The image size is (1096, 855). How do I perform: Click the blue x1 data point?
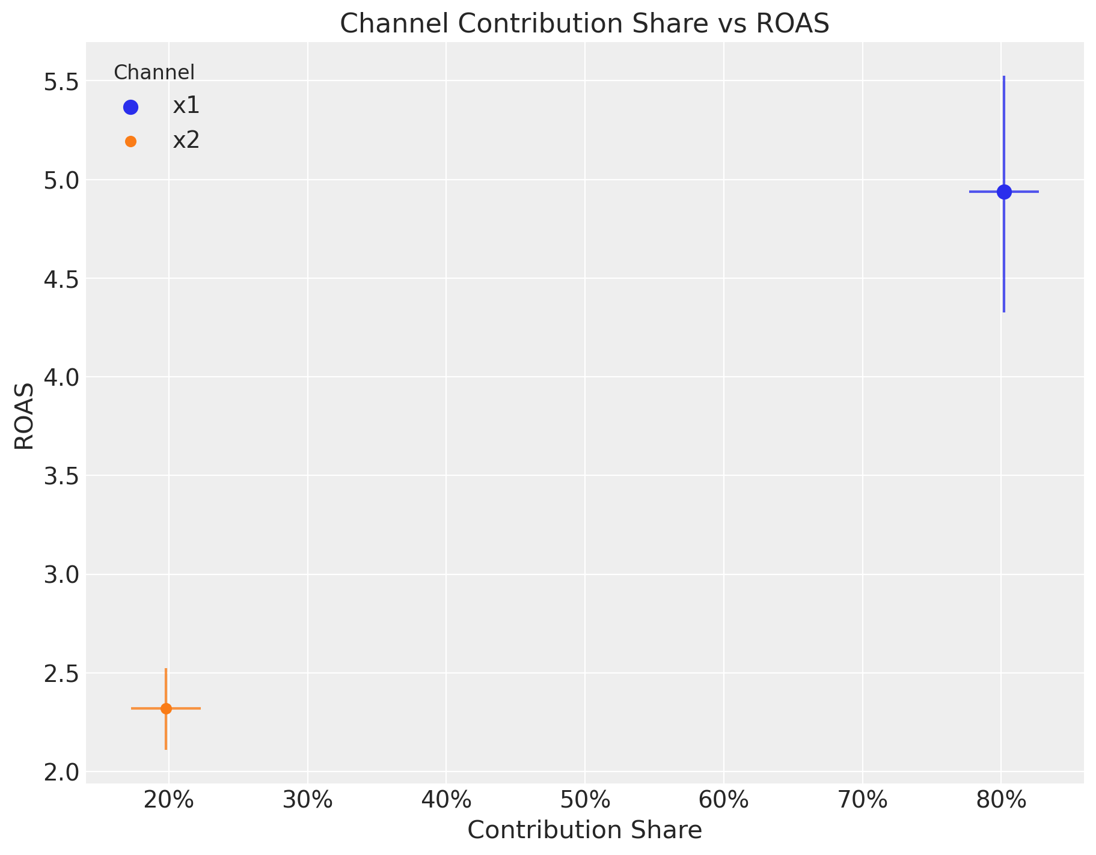(x=1004, y=192)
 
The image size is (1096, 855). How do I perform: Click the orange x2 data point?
(x=166, y=708)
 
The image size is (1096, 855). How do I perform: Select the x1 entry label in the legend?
(x=186, y=106)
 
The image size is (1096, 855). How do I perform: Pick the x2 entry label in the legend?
(x=186, y=141)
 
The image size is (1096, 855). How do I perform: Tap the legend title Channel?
(x=154, y=73)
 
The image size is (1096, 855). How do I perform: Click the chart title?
(x=584, y=24)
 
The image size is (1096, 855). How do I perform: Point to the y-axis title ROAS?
(x=24, y=416)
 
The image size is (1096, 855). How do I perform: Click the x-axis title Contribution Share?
(x=584, y=830)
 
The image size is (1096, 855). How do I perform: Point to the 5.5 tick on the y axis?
(x=61, y=81)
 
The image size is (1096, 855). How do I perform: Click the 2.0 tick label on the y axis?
(x=61, y=771)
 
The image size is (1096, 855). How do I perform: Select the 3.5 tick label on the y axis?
(x=61, y=476)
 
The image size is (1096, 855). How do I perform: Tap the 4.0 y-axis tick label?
(x=61, y=377)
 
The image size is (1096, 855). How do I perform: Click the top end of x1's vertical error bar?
(x=1004, y=77)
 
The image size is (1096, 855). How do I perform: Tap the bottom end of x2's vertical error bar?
(x=166, y=749)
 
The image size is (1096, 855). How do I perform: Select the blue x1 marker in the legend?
(x=130, y=107)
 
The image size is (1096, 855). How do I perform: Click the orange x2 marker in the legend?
(x=130, y=142)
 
